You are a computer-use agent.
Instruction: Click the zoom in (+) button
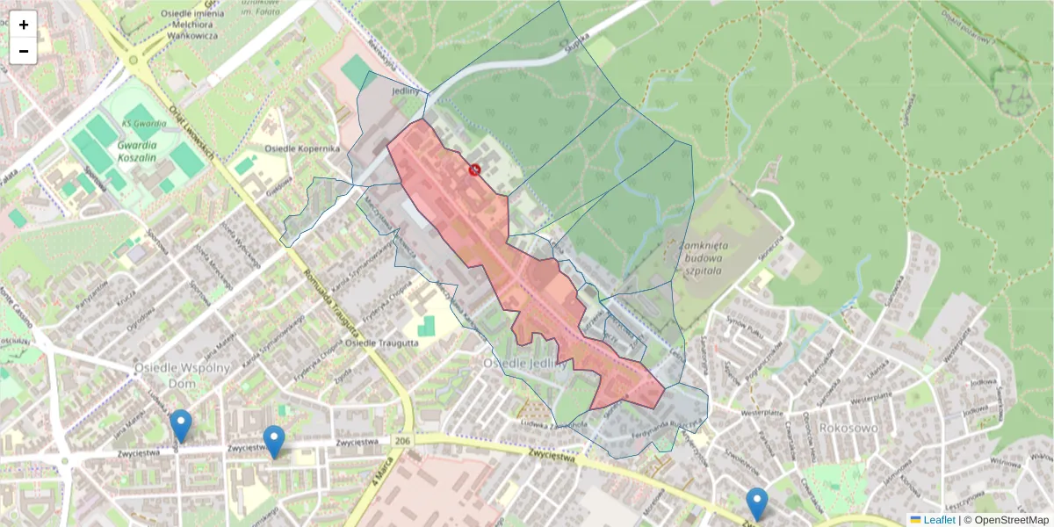click(24, 25)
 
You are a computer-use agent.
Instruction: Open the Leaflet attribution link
click(939, 520)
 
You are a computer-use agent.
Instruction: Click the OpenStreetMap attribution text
click(1010, 520)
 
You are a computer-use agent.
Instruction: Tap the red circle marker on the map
click(474, 169)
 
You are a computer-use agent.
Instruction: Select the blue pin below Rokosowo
click(757, 504)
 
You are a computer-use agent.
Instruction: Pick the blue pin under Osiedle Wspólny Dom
click(181, 426)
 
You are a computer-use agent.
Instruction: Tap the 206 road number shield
click(402, 441)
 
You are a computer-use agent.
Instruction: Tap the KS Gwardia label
click(139, 124)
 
